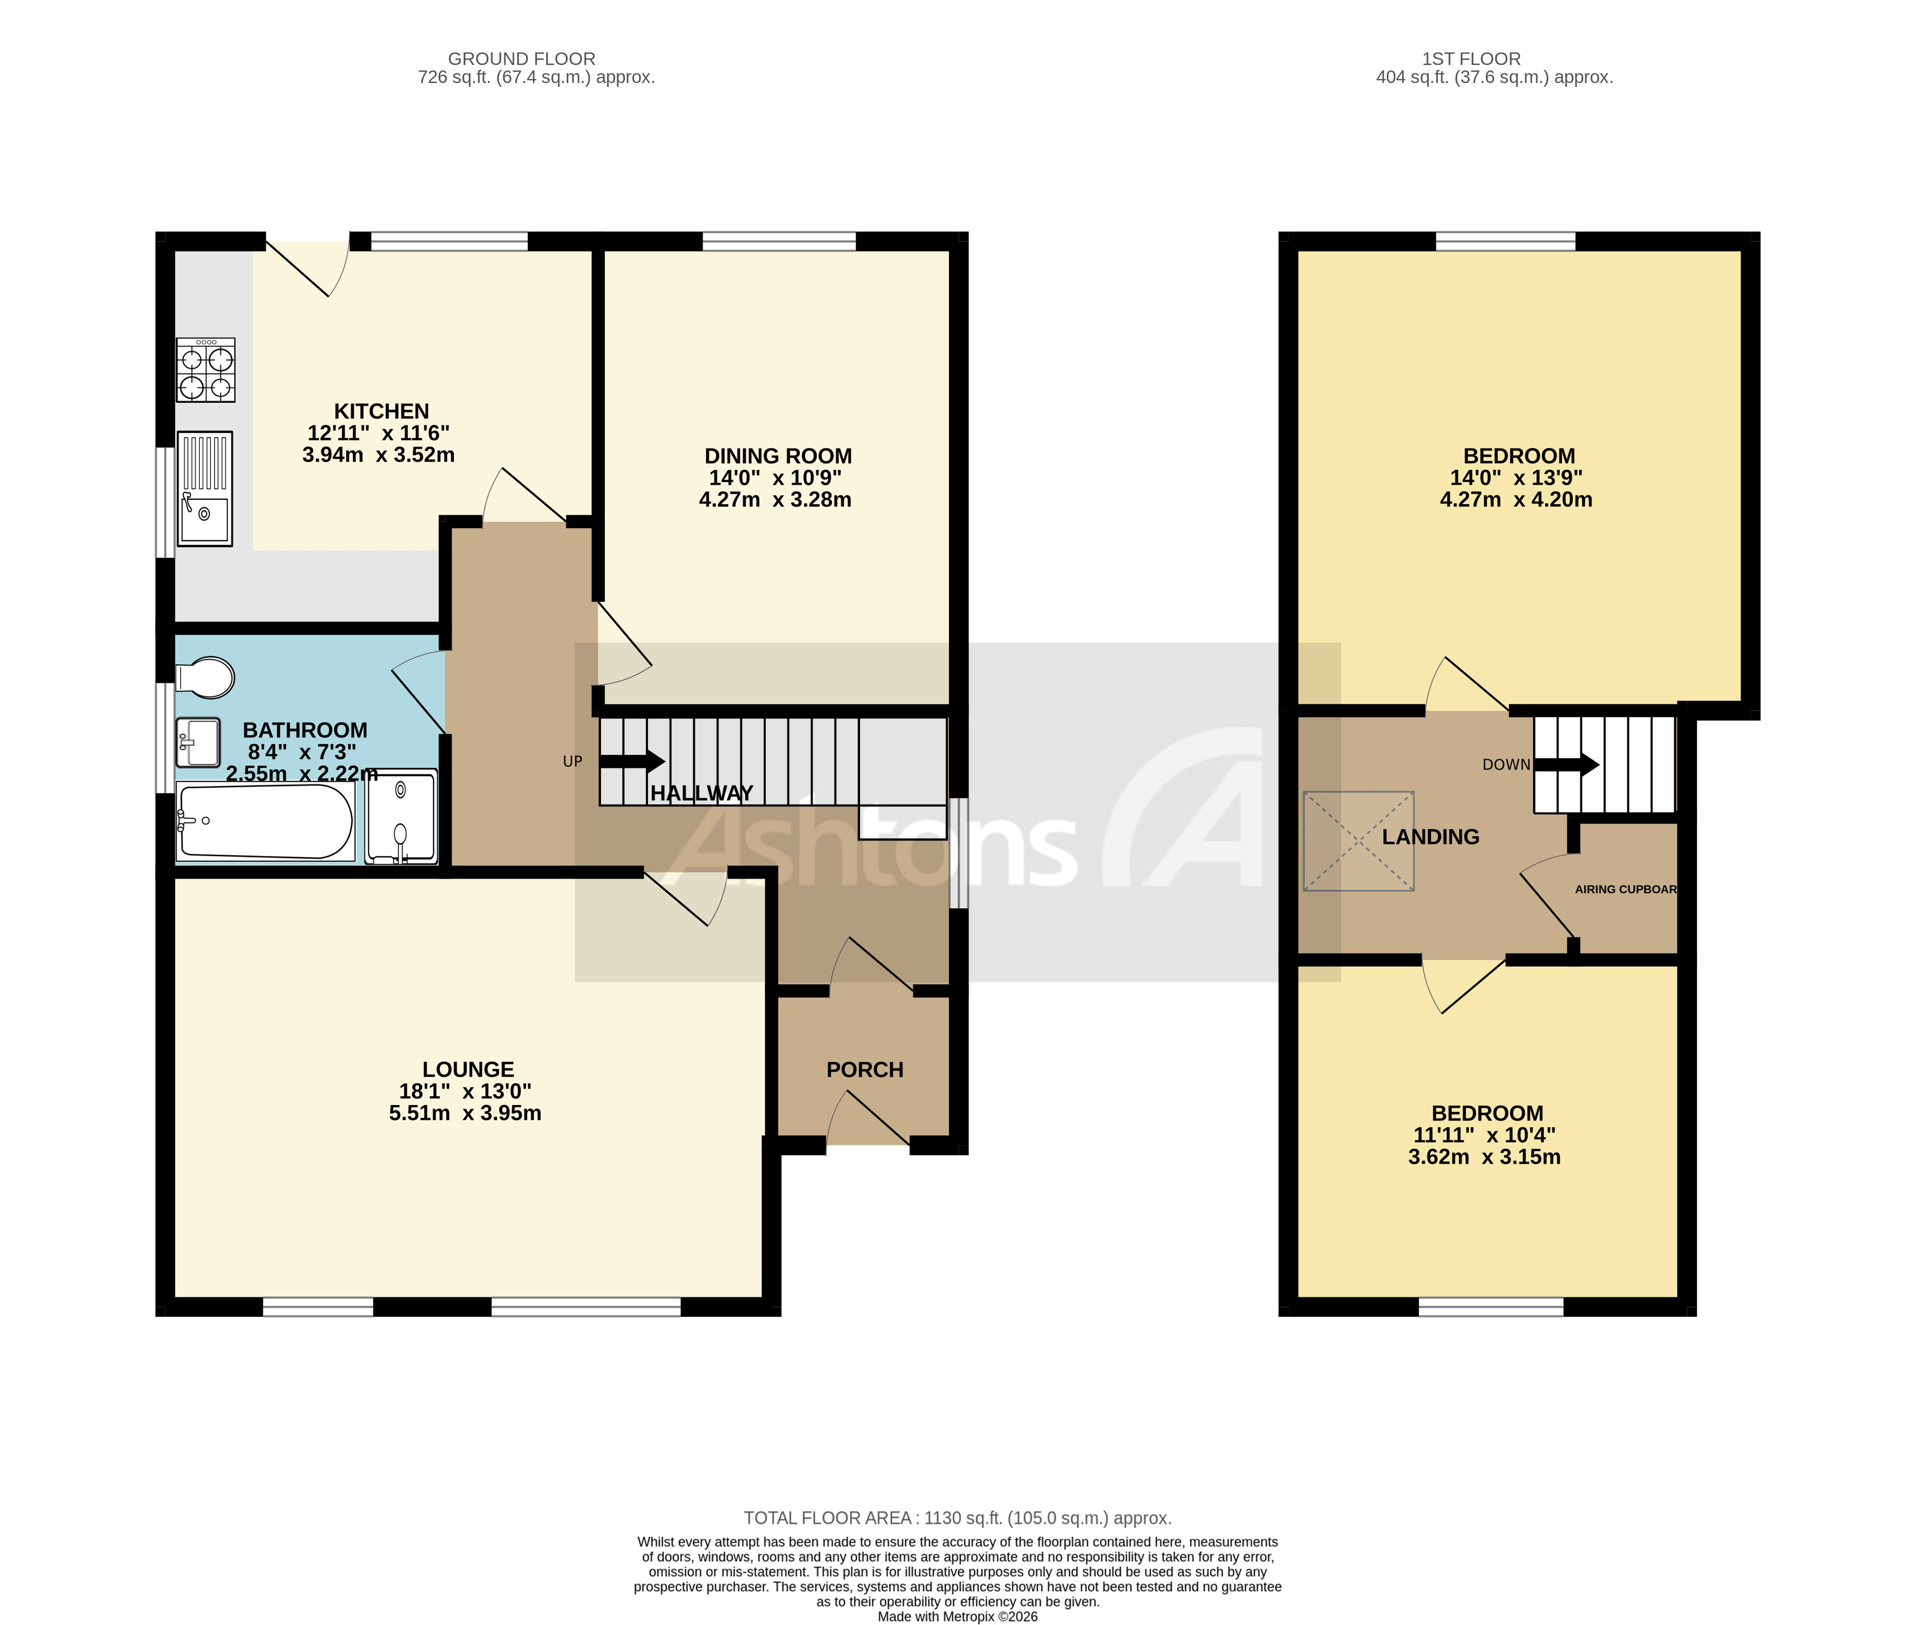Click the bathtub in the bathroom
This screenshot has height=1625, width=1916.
coord(266,822)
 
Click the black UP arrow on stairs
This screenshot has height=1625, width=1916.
coord(632,761)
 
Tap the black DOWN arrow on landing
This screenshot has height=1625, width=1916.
coord(1566,765)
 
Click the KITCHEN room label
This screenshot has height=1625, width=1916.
coord(381,411)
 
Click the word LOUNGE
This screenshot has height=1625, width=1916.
coord(468,1069)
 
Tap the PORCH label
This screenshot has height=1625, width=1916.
coord(864,1069)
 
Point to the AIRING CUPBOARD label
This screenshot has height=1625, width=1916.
coord(1625,889)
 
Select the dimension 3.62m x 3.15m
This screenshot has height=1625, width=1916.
coord(1484,1157)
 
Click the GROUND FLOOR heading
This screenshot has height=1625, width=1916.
coord(521,59)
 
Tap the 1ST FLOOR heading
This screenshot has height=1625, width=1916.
coord(1471,59)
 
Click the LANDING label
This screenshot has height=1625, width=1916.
coord(1430,836)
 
